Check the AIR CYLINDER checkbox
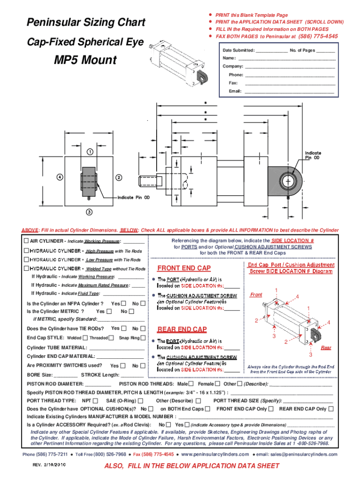click(x=26, y=241)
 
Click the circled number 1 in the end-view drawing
click(x=89, y=152)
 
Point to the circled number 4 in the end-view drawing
click(x=60, y=177)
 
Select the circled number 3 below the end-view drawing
click(x=89, y=212)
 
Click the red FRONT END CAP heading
click(x=184, y=269)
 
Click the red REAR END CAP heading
click(x=182, y=329)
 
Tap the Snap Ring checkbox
click(x=144, y=338)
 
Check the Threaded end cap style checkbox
click(x=111, y=338)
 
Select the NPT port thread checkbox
click(x=95, y=401)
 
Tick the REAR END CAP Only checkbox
click(x=331, y=409)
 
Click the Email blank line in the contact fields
click(x=290, y=91)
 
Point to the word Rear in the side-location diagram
click(x=326, y=348)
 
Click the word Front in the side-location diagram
click(x=256, y=295)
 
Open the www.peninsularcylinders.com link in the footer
click(x=215, y=454)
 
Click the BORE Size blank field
click(x=65, y=375)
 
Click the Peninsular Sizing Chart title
click(x=86, y=23)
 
